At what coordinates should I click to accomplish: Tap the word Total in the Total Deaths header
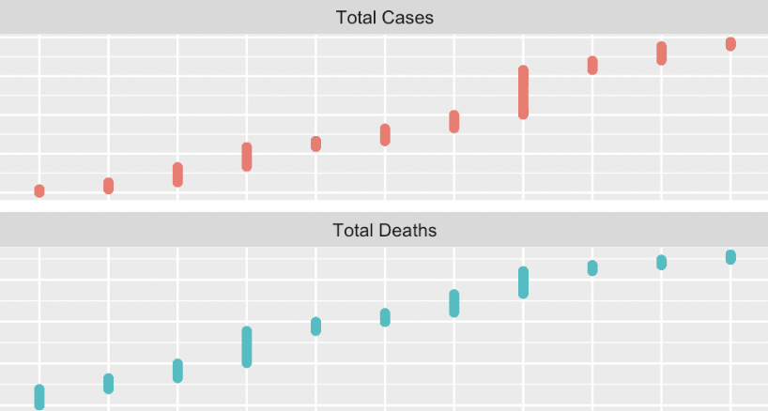pyautogui.click(x=349, y=230)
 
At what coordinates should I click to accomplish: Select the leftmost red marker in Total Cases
pyautogui.click(x=39, y=191)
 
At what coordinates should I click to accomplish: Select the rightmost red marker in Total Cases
pyautogui.click(x=730, y=44)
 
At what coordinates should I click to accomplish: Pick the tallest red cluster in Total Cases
pyautogui.click(x=523, y=92)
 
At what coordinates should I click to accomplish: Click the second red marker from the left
pyautogui.click(x=108, y=186)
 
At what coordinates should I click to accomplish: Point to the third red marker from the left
pyautogui.click(x=177, y=175)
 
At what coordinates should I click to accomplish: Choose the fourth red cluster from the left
pyautogui.click(x=247, y=157)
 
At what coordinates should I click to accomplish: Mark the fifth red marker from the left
pyautogui.click(x=315, y=144)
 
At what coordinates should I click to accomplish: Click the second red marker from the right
pyautogui.click(x=661, y=53)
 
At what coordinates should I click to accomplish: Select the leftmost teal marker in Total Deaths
pyautogui.click(x=39, y=396)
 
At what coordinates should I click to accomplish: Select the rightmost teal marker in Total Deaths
pyautogui.click(x=730, y=257)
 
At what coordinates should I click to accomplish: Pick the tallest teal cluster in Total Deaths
pyautogui.click(x=247, y=347)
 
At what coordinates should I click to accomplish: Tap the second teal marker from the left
pyautogui.click(x=108, y=383)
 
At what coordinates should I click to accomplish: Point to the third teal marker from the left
pyautogui.click(x=177, y=371)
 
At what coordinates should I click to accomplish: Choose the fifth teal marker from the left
pyautogui.click(x=315, y=327)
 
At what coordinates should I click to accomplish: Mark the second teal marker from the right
pyautogui.click(x=661, y=263)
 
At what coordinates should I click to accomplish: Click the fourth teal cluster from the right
pyautogui.click(x=523, y=282)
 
